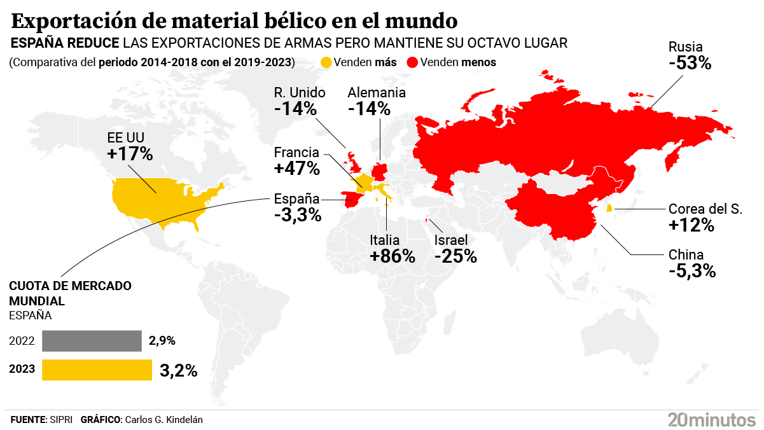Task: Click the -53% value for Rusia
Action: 690,64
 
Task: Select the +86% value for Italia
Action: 392,256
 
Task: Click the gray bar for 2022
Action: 92,341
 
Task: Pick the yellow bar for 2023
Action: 97,370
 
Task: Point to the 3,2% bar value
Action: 179,371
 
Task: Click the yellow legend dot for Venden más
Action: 326,62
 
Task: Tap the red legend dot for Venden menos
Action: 412,62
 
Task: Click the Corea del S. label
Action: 705,209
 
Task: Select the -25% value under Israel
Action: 455,256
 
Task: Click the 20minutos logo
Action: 711,419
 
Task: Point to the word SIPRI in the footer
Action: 61,420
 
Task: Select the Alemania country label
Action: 377,93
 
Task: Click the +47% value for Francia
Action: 296,169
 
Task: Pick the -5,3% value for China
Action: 692,271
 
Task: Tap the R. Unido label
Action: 300,93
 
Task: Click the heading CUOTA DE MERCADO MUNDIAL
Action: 70,293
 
